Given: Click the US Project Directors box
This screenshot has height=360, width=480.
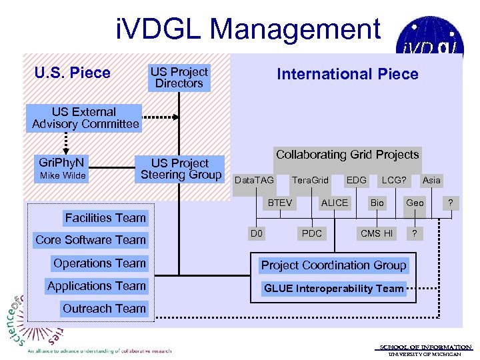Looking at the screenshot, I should coord(179,77).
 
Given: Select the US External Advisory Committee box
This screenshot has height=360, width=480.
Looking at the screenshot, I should coord(85,118).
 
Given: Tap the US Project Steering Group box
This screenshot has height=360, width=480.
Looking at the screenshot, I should coord(181,169).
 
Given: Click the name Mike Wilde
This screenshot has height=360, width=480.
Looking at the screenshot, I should coord(62,176).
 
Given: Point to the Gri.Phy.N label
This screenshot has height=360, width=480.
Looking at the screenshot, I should coord(61,162).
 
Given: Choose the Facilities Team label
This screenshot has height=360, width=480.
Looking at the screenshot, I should coord(105,217).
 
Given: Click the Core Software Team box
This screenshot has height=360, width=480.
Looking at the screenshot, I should coord(91,240).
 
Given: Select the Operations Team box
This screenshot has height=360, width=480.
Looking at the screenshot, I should coord(99,263).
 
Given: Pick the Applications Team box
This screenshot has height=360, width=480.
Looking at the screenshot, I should coord(97,286).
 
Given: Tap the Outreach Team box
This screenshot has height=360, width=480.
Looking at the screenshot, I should coord(103,309).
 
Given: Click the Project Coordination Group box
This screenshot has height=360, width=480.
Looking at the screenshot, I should coord(333,265).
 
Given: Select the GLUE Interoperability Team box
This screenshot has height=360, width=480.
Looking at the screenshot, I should coord(333,289).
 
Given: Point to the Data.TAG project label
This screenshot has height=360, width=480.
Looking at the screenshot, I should coord(254,181).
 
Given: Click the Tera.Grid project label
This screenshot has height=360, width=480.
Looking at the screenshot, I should coord(310,181).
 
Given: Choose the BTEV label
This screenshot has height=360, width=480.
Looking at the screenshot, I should coord(280,203).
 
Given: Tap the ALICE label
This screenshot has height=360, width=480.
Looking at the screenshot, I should coord(335,203).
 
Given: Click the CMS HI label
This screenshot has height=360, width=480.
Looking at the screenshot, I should coord(377,233).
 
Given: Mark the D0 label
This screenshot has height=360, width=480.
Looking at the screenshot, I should coord(255,233).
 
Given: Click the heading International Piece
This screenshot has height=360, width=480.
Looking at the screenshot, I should coord(347,74).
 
